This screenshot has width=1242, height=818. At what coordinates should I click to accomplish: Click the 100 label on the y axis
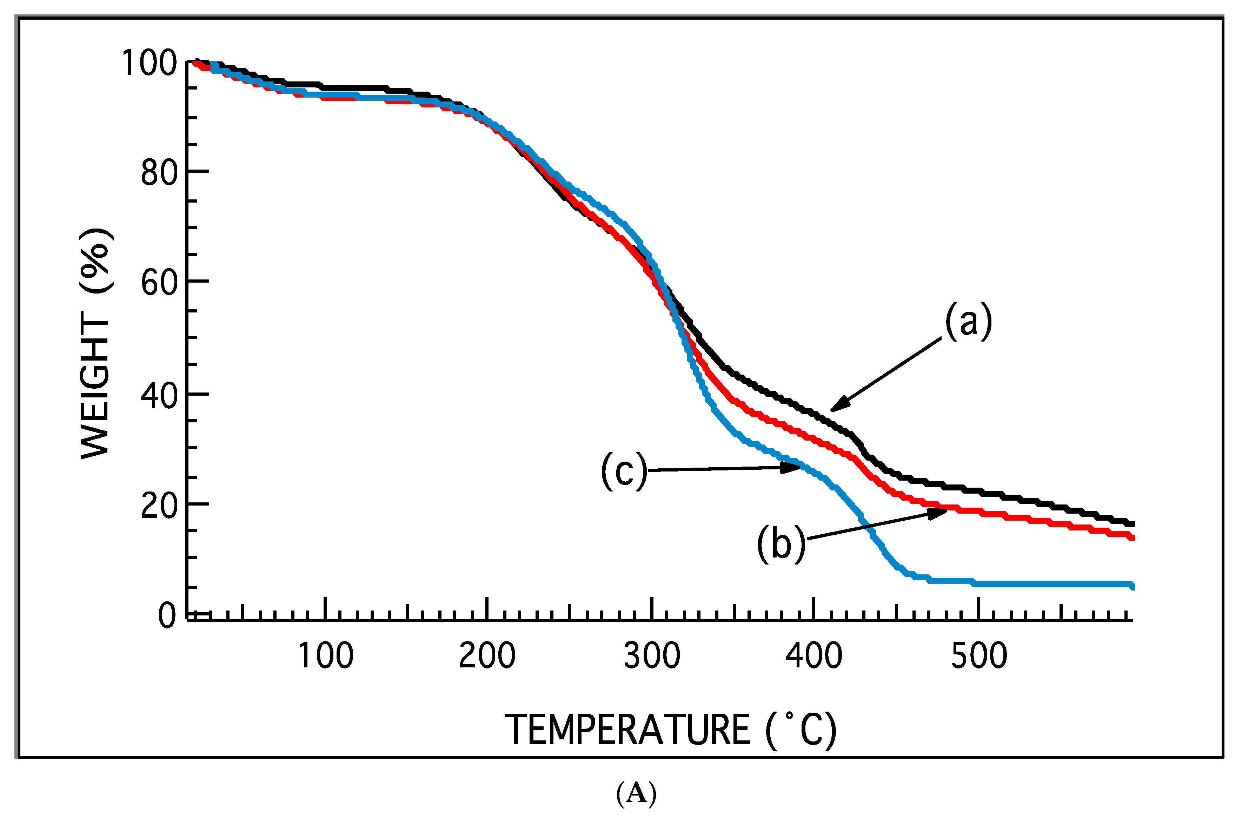click(x=149, y=63)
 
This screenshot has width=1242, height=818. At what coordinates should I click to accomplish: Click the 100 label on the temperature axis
click(x=326, y=656)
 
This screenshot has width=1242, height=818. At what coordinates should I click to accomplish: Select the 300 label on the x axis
click(x=652, y=656)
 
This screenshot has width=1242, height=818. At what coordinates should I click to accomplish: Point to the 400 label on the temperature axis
click(x=814, y=656)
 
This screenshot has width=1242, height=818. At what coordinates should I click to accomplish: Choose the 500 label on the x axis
click(x=979, y=656)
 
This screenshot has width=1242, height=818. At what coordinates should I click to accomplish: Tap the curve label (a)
click(x=969, y=322)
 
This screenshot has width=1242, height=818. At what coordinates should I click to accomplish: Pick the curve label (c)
click(x=624, y=470)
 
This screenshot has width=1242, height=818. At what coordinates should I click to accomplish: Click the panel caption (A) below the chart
click(x=636, y=794)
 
